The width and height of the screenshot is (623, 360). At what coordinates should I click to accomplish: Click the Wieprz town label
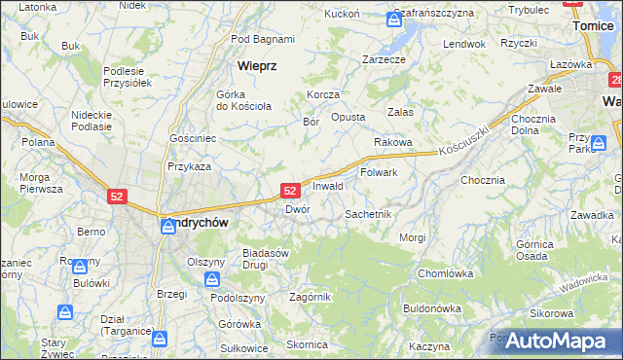click(257, 66)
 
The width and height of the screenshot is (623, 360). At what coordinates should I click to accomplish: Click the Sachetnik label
click(368, 213)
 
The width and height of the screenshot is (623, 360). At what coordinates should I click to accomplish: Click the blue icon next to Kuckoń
click(393, 18)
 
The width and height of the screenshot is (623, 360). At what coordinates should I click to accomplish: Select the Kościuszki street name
click(461, 146)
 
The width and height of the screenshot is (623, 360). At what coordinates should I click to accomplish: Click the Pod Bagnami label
click(263, 39)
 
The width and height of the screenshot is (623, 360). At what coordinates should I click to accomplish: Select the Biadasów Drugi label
click(268, 259)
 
